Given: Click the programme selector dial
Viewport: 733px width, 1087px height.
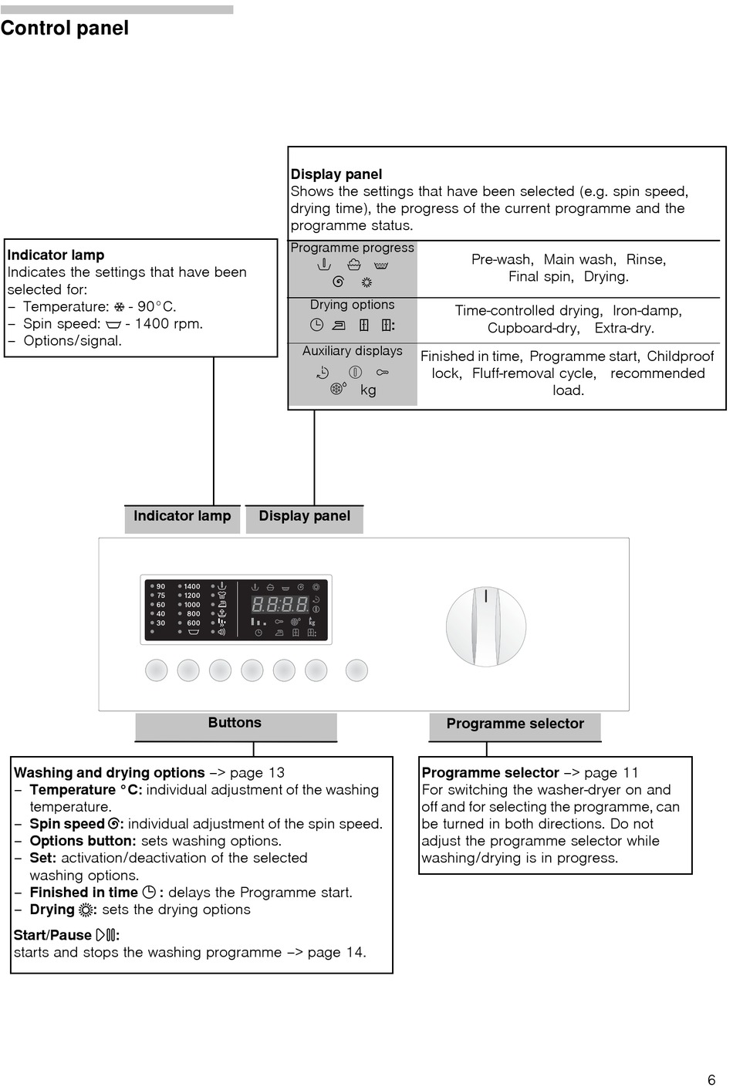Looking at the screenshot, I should click(486, 626).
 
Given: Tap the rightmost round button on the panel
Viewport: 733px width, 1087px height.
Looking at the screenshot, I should click(356, 670).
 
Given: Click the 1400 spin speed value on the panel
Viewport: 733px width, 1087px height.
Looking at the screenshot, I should click(192, 586).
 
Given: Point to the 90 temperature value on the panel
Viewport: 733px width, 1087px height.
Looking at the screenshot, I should click(160, 586).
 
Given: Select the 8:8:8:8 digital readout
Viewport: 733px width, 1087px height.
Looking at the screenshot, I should click(280, 605).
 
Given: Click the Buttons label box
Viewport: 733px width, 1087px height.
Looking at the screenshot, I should click(235, 724).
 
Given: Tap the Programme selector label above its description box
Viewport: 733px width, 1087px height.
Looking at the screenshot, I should click(515, 724).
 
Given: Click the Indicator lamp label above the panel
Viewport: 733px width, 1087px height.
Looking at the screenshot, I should click(182, 517).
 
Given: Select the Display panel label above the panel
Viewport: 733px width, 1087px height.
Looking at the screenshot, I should click(304, 517).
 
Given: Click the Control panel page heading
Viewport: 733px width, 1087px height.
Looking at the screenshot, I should click(65, 29).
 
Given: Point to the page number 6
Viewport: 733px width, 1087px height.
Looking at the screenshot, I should click(711, 1080).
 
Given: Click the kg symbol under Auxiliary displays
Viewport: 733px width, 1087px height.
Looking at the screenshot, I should click(369, 390).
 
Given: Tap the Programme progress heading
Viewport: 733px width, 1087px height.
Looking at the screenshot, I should click(352, 248).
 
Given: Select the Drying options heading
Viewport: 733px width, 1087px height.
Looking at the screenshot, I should click(352, 306).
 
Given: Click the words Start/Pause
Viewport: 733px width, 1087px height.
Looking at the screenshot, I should click(52, 935).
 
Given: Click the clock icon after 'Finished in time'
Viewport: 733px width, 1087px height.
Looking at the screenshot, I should click(149, 893).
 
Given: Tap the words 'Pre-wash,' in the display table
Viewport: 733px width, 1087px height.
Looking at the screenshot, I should click(502, 260).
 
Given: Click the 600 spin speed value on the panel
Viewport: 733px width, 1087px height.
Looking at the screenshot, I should click(193, 623).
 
